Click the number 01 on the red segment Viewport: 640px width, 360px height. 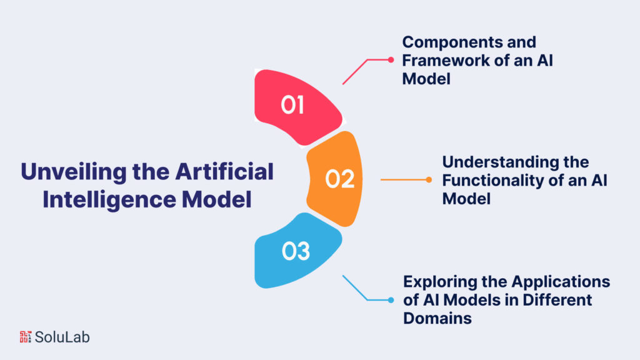(292, 105)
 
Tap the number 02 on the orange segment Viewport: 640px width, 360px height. (340, 179)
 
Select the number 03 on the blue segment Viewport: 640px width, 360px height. (296, 252)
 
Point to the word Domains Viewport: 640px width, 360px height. (437, 318)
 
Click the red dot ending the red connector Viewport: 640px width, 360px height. (391, 60)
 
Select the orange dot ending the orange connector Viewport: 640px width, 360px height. (429, 180)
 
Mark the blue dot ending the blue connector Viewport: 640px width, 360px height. (391, 300)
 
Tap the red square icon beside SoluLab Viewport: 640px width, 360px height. (26, 337)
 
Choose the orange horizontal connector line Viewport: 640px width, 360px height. (403, 180)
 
